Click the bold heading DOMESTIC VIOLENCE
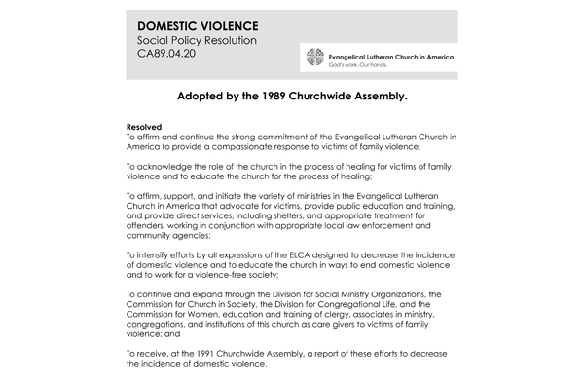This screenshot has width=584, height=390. pos(191,23)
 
